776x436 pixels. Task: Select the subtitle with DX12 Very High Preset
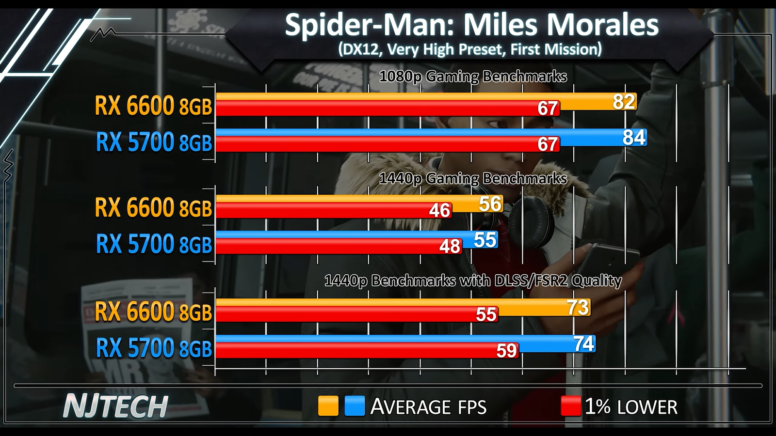(469, 49)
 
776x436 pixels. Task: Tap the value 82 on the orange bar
(623, 102)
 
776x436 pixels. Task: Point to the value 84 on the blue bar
(634, 138)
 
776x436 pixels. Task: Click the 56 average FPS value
(490, 204)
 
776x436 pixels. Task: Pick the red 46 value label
(439, 211)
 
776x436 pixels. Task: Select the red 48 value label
(450, 247)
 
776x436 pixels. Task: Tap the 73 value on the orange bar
(578, 307)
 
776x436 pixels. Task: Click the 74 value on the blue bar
(583, 344)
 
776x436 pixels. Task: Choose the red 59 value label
(506, 351)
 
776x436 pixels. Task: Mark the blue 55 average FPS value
(485, 240)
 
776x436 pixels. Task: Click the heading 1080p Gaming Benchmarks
(473, 77)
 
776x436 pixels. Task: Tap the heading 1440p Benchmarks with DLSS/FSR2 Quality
(473, 280)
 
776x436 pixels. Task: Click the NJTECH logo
(115, 406)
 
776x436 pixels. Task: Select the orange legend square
(328, 406)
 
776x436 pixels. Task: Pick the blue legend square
(355, 406)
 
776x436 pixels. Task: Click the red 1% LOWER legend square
(570, 406)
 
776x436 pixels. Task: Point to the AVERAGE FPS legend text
(428, 407)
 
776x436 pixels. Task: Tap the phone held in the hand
(611, 259)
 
